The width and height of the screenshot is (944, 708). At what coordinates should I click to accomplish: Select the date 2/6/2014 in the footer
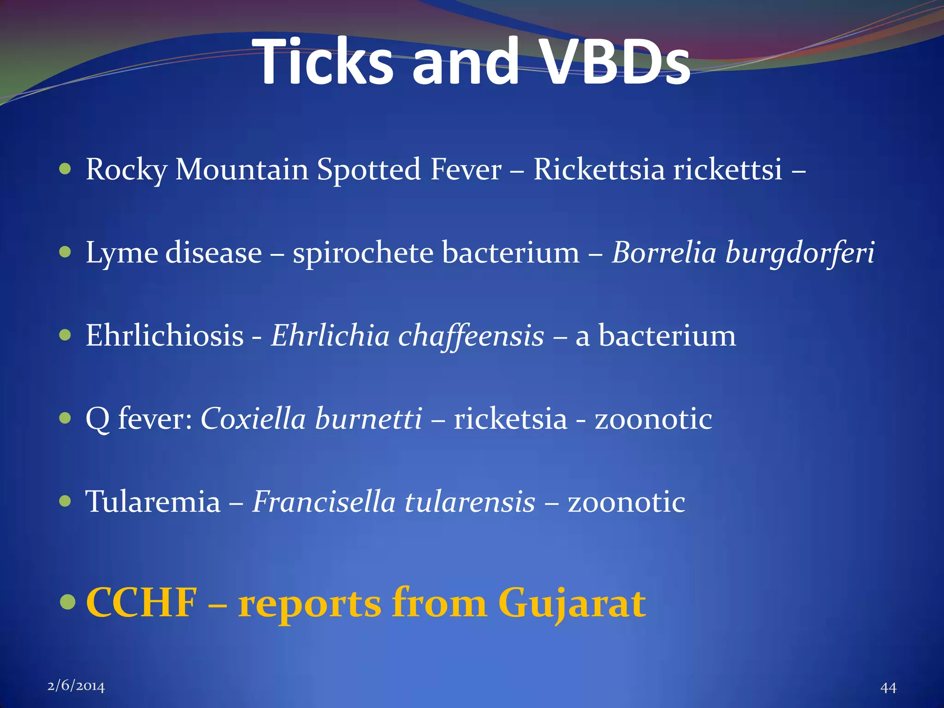coord(76,686)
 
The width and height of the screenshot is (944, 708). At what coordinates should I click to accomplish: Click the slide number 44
coord(888,688)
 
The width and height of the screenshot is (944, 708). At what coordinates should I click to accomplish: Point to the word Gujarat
coord(572,604)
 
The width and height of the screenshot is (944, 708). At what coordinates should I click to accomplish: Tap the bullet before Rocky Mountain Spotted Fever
coord(65,169)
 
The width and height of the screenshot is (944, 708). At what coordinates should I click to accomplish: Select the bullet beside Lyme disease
coord(65,252)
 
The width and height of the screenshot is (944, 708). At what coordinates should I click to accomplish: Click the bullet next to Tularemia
coord(65,501)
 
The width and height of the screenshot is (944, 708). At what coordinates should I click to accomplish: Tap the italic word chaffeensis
coord(471,336)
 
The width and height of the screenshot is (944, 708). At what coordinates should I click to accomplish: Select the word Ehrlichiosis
coord(165,336)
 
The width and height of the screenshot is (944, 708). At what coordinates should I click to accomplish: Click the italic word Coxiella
coord(253,419)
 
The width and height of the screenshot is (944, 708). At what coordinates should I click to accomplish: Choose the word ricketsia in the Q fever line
coord(510,419)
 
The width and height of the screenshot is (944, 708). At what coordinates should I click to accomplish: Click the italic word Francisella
coord(324,501)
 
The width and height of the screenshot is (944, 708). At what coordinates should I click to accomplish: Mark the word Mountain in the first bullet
coord(242,169)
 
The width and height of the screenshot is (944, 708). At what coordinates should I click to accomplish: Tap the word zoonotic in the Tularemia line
coord(626,501)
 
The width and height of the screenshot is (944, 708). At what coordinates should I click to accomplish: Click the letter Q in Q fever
coord(98,419)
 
